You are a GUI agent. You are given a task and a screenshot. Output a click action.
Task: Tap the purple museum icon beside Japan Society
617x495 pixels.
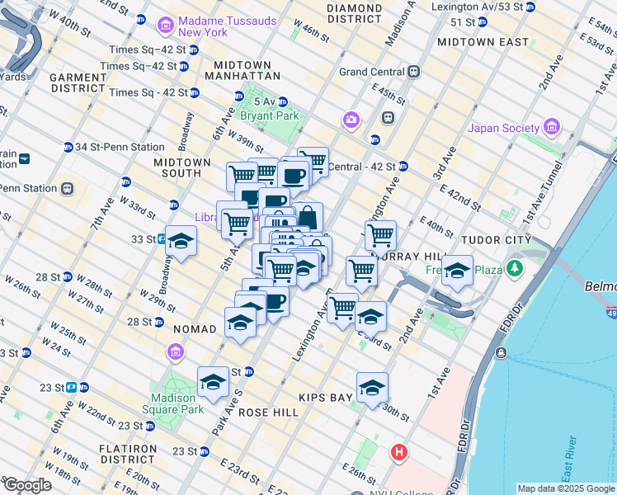tap(552, 128)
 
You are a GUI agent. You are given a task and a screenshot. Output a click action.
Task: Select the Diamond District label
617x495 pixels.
tap(354, 12)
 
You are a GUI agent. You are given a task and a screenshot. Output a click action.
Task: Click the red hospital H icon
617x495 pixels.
tap(400, 452)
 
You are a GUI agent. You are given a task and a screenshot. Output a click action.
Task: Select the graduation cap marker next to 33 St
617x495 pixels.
tap(181, 241)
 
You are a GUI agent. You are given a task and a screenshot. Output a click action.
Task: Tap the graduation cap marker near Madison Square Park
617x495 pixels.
tap(213, 382)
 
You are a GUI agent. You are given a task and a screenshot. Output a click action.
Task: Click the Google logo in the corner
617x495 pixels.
tap(27, 486)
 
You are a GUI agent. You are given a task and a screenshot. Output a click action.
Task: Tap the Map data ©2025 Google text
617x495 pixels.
tap(565, 488)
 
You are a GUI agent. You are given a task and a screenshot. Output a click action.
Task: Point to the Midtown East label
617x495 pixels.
tap(483, 41)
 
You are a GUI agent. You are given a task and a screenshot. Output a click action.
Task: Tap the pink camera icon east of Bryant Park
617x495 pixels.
tap(352, 121)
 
